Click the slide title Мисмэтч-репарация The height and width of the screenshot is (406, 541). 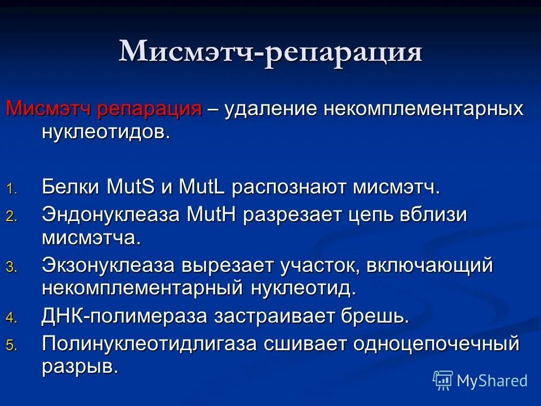click(x=270, y=52)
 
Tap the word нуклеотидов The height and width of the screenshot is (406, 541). click(x=105, y=133)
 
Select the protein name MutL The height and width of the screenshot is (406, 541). click(x=202, y=187)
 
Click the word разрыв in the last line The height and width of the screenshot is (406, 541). click(x=79, y=367)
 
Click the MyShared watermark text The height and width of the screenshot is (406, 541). click(x=492, y=381)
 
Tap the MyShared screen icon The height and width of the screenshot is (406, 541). click(x=443, y=381)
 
